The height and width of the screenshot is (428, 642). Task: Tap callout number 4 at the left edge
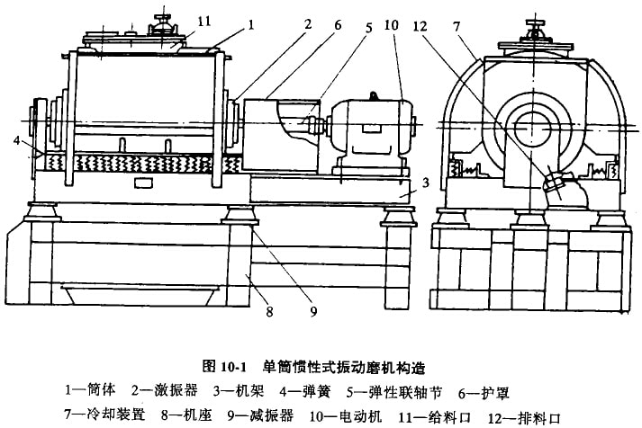pos(15,141)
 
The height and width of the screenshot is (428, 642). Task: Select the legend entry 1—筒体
pos(90,392)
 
